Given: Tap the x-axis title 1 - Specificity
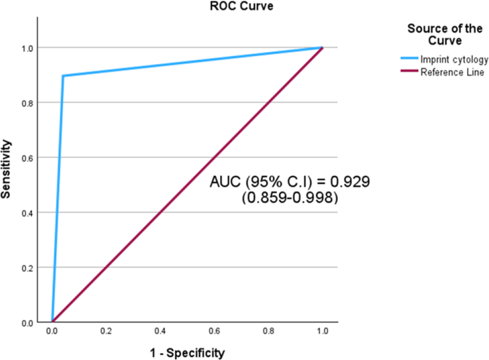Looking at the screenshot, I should [x=187, y=353].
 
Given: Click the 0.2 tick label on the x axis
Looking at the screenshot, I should [x=106, y=331].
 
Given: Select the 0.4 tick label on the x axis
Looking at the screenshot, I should [x=160, y=331].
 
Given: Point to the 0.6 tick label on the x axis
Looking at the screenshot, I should [x=214, y=331].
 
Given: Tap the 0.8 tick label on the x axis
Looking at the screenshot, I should [x=268, y=331].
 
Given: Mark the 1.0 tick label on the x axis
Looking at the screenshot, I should [x=322, y=331].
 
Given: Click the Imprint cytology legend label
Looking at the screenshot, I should [x=454, y=60].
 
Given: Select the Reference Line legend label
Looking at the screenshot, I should [x=452, y=72].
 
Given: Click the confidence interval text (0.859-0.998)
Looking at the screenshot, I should [x=290, y=198].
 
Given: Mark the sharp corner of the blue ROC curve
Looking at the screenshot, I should [x=63, y=76].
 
